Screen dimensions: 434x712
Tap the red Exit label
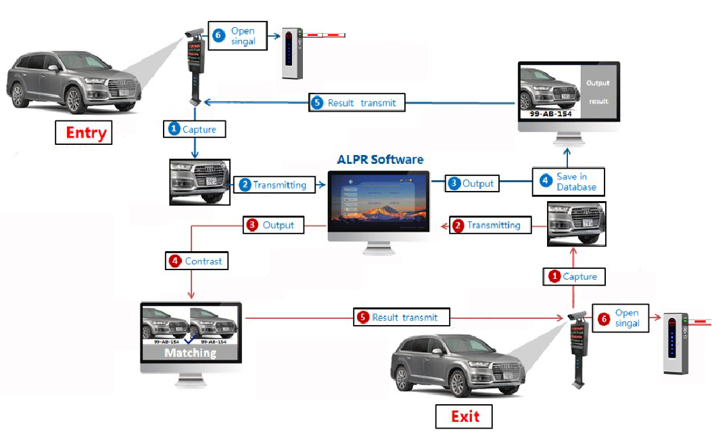tap(464, 416)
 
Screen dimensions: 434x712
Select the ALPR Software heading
tap(380, 160)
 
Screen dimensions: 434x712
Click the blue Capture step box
tap(193, 129)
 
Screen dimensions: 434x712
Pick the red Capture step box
tap(573, 276)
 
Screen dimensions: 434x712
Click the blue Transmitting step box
tap(275, 185)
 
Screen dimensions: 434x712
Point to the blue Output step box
tap(472, 183)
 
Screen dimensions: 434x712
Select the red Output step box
tap(272, 225)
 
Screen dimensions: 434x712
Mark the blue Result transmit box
tap(357, 103)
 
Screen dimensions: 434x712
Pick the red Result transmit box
tap(400, 317)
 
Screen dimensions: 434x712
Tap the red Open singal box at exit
tap(619, 318)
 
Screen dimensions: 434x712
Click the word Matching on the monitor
tap(190, 353)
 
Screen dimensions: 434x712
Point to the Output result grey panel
tap(598, 92)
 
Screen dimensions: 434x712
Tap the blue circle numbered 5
tap(318, 103)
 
